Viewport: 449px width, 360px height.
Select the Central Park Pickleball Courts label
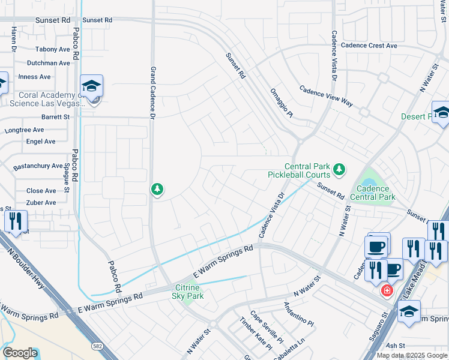(x=299, y=171)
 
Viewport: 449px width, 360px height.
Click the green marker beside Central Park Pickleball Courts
(x=339, y=170)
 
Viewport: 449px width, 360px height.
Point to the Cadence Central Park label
(x=372, y=193)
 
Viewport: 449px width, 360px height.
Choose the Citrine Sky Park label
(x=188, y=292)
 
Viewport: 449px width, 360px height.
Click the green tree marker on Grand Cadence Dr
(x=157, y=190)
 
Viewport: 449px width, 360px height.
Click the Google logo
(x=20, y=352)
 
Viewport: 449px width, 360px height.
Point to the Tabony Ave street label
(x=52, y=49)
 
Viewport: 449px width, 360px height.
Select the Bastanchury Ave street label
(x=38, y=166)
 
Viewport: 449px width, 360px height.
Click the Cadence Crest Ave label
(x=369, y=45)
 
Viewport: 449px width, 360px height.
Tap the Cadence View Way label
(x=326, y=95)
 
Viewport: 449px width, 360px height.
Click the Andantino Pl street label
(x=298, y=314)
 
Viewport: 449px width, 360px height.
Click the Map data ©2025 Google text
(x=412, y=355)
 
